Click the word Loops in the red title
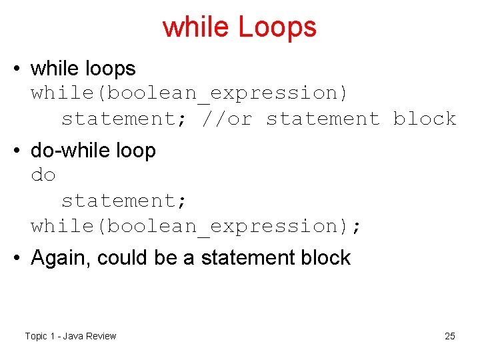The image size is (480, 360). click(277, 27)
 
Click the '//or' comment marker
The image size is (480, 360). click(228, 119)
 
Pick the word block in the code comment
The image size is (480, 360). click(425, 119)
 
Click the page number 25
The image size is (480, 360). click(450, 336)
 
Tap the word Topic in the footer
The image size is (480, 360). click(36, 336)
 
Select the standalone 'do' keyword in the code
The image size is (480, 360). click(43, 176)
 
